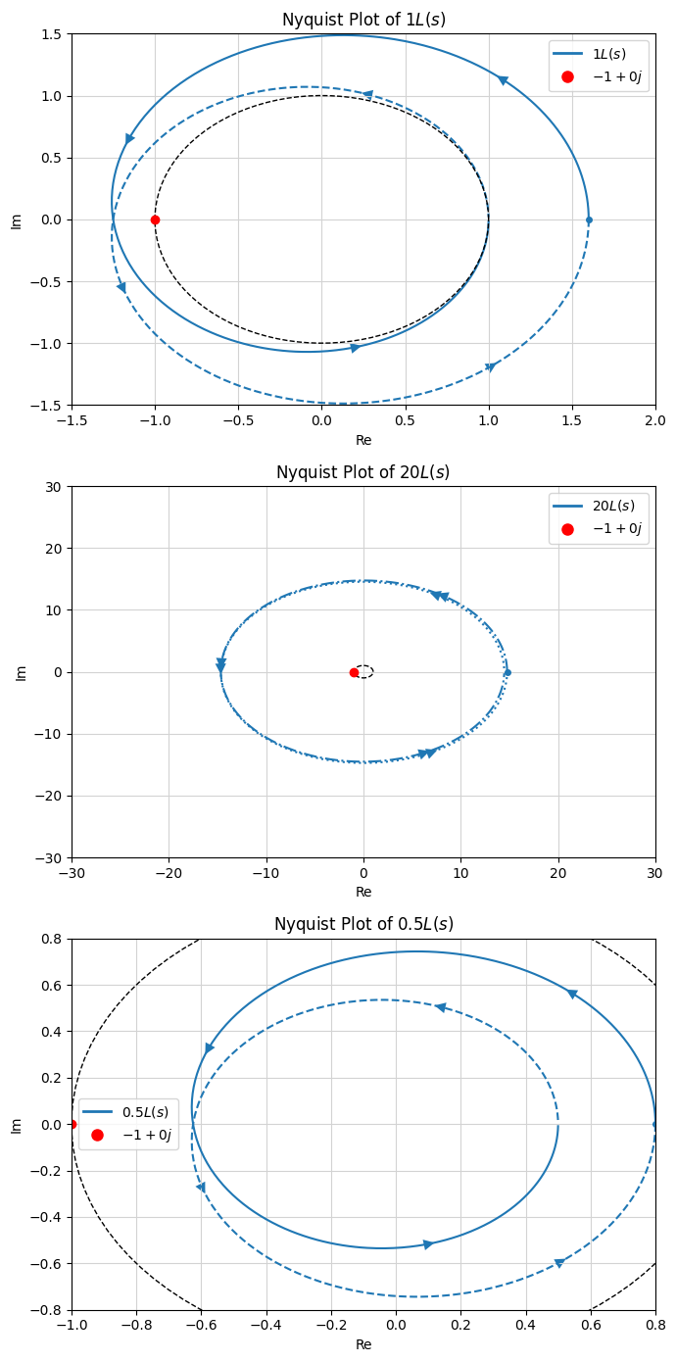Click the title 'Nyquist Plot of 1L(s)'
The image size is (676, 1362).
point(363,20)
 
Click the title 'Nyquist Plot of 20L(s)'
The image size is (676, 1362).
point(363,472)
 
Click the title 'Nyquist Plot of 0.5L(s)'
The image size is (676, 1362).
point(363,925)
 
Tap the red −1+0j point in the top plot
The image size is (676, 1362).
point(155,219)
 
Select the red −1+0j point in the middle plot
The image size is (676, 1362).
point(354,672)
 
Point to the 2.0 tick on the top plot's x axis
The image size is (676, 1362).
point(655,420)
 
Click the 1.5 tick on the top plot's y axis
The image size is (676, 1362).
point(49,34)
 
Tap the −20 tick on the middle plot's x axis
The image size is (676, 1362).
point(169,873)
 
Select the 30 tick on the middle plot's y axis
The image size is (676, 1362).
point(53,487)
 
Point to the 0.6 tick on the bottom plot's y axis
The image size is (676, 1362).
point(49,985)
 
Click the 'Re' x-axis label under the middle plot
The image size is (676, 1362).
point(363,893)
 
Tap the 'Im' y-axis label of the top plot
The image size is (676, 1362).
point(16,219)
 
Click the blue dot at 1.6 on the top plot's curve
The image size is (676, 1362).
point(589,219)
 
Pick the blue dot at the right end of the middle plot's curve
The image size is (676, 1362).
point(507,672)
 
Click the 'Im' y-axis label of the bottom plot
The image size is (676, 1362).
point(16,1125)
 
